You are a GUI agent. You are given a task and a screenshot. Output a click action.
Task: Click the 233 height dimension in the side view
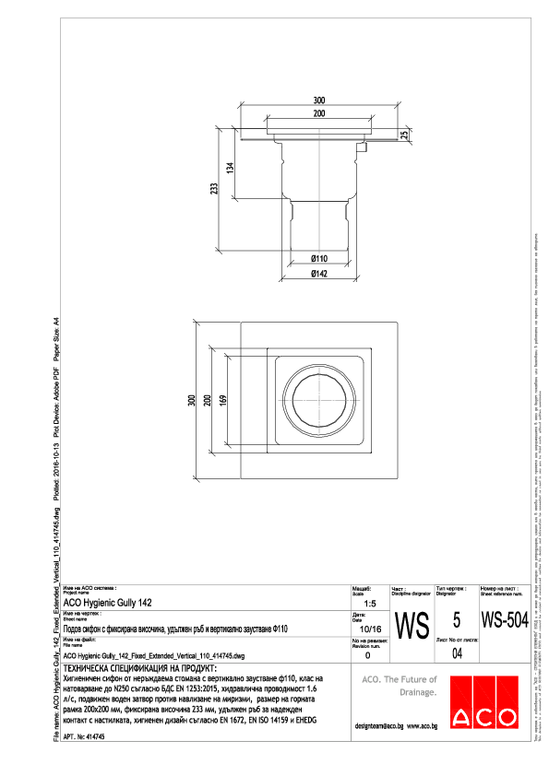click(x=215, y=189)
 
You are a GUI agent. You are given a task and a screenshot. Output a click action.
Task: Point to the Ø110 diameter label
click(x=318, y=259)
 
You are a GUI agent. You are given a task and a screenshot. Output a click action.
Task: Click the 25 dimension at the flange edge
click(x=403, y=135)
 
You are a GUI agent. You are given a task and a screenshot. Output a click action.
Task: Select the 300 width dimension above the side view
click(x=318, y=100)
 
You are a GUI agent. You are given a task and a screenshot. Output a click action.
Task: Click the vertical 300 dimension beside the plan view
click(x=191, y=401)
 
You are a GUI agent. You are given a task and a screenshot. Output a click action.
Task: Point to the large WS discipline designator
click(x=412, y=627)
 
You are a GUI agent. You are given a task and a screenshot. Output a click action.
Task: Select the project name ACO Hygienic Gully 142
click(x=109, y=603)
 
